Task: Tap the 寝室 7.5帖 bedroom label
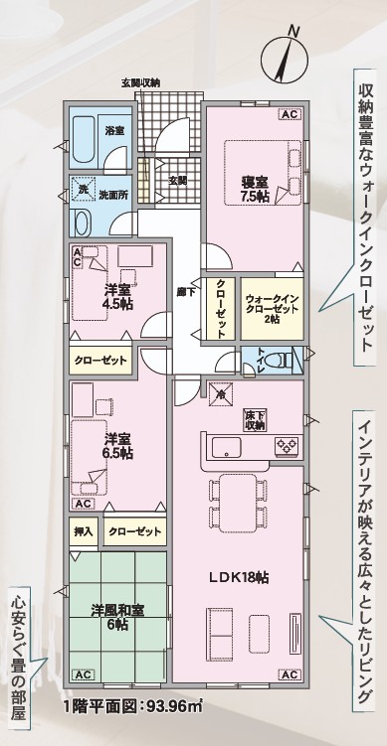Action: tap(255, 189)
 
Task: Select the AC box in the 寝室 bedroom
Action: tap(290, 114)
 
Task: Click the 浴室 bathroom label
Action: tap(114, 130)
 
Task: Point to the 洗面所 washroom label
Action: tap(113, 194)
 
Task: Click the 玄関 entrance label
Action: tap(179, 181)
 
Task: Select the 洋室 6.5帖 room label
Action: tap(118, 445)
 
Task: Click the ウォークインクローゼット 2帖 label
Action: tap(273, 309)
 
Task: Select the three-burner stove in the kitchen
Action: tap(287, 446)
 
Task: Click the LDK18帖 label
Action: tap(239, 577)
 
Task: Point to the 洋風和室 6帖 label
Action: tap(117, 616)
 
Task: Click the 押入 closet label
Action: tap(84, 531)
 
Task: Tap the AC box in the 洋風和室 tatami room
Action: tap(84, 674)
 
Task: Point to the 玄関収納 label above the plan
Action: tap(140, 82)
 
